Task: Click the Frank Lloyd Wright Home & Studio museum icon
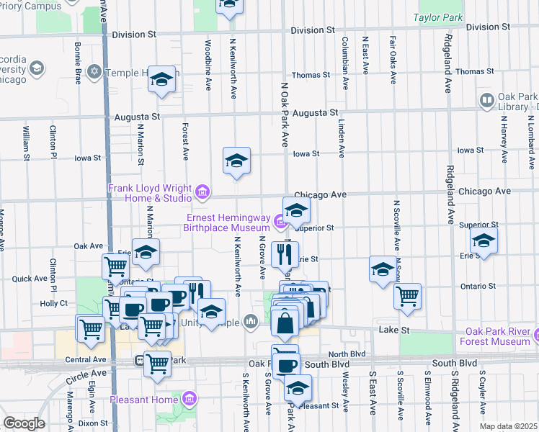pyautogui.click(x=202, y=192)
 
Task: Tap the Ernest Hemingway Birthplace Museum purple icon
pyautogui.click(x=280, y=219)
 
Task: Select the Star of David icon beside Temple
pyautogui.click(x=94, y=73)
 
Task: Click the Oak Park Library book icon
pyautogui.click(x=486, y=100)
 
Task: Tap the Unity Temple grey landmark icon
pyautogui.click(x=251, y=320)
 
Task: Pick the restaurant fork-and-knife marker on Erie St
pyautogui.click(x=285, y=253)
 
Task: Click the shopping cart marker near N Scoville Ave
pyautogui.click(x=408, y=295)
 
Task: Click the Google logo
pyautogui.click(x=23, y=423)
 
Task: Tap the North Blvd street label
pyautogui.click(x=347, y=354)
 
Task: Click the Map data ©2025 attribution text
pyautogui.click(x=508, y=426)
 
